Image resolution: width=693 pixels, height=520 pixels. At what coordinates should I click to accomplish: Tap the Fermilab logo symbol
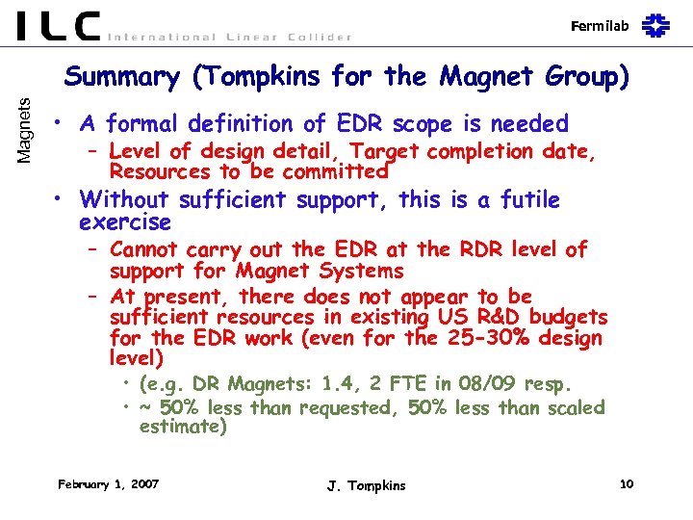coord(657,24)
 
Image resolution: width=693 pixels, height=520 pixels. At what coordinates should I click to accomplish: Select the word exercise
coord(125,222)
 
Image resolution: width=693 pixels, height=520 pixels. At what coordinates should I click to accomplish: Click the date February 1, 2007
coord(109,483)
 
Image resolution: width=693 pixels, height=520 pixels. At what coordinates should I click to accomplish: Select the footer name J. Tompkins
coord(366,485)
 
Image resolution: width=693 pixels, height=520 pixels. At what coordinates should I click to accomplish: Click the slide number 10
coord(627,483)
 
